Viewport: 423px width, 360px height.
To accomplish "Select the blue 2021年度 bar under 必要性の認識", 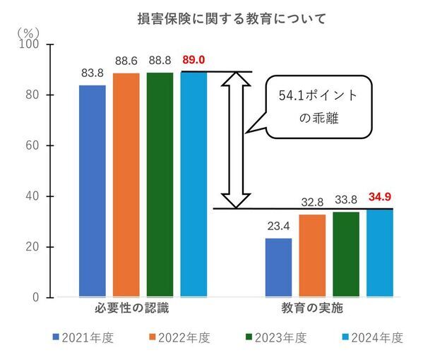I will click(x=92, y=191).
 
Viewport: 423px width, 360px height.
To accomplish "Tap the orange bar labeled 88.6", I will click(x=126, y=184).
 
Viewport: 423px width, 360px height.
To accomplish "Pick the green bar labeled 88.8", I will click(x=160, y=184).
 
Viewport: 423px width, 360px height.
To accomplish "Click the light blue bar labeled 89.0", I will click(x=193, y=184).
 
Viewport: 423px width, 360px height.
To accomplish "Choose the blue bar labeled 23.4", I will click(x=278, y=268).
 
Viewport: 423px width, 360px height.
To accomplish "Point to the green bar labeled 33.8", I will click(x=346, y=254).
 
